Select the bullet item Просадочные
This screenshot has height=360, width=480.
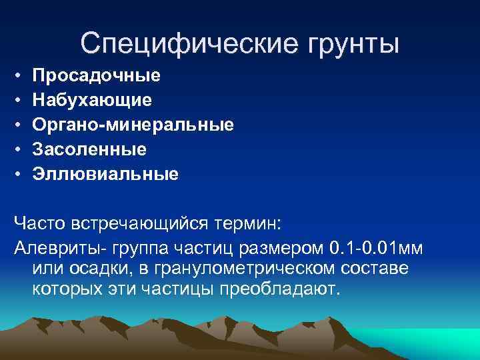(96, 75)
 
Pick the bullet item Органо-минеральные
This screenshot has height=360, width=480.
(133, 125)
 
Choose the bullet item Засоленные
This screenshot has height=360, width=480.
(89, 149)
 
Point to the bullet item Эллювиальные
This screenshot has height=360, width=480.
(105, 175)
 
